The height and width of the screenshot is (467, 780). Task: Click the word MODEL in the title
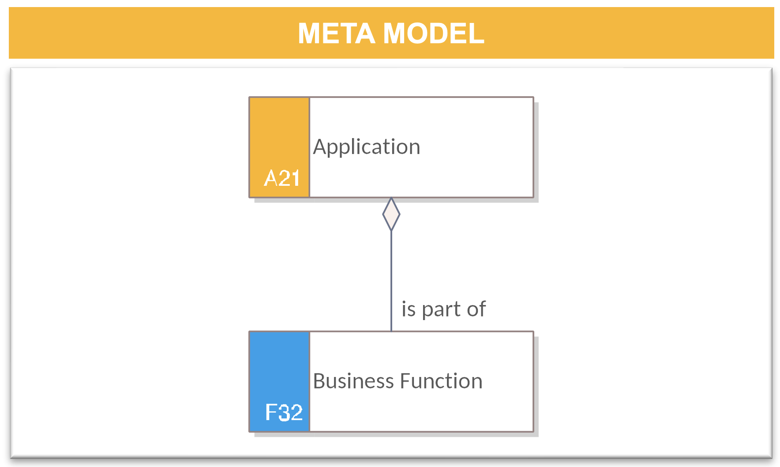click(434, 34)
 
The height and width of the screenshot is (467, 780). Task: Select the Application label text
click(367, 147)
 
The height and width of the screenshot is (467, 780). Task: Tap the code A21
click(282, 178)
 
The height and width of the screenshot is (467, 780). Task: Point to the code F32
click(284, 413)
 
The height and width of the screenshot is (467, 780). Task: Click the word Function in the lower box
click(441, 381)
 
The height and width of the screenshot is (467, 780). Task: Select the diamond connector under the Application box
click(391, 214)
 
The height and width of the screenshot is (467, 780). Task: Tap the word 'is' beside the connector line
click(409, 309)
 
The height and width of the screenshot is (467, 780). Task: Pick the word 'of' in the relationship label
click(476, 309)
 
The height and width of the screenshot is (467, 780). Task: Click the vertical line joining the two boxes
click(391, 281)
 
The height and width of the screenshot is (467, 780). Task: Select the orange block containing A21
click(280, 147)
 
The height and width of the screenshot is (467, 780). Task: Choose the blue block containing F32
click(280, 382)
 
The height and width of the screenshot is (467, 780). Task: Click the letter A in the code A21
click(270, 178)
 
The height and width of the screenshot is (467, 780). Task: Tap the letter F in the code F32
click(271, 413)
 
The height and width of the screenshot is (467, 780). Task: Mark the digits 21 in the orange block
click(289, 178)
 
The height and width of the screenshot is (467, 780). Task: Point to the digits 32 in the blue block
click(290, 413)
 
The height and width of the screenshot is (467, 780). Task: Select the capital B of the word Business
click(319, 381)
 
